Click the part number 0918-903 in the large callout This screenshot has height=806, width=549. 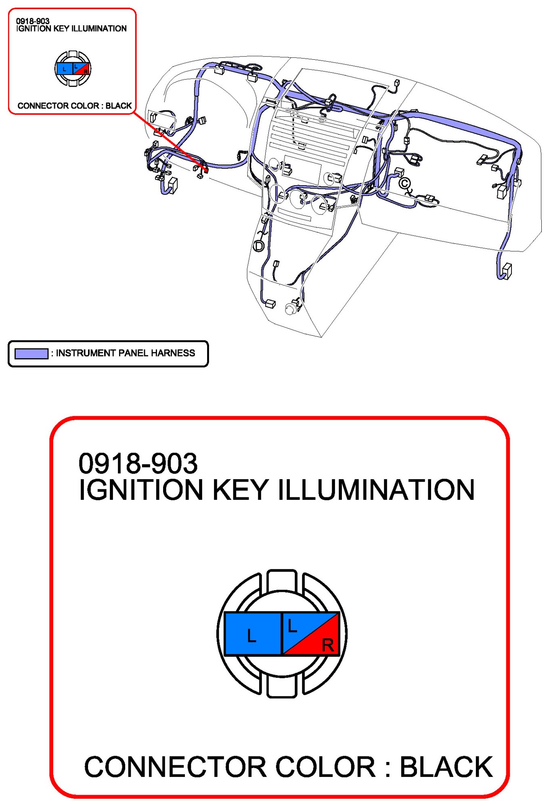pos(138,463)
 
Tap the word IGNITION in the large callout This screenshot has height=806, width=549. pos(140,490)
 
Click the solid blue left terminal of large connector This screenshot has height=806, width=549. pos(253,634)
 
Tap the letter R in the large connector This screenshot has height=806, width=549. pos(328,645)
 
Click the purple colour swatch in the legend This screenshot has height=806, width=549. pos(31,354)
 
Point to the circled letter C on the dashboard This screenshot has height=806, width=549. pos(404,184)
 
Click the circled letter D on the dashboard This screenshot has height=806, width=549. pos(258,246)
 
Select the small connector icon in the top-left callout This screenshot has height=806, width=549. pos(73,69)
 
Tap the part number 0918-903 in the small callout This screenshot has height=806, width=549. pos(33,21)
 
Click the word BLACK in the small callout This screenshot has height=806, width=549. pos(119,106)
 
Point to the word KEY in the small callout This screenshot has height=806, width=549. pos(61,29)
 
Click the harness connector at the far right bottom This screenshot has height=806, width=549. pos(506,271)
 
